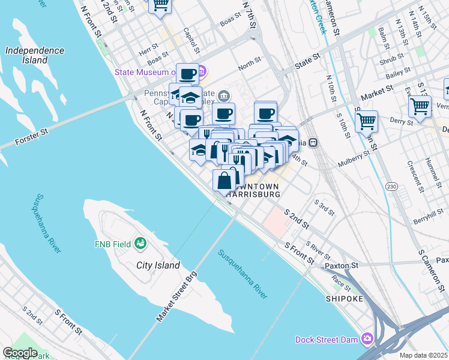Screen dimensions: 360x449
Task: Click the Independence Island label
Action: [x=35, y=55]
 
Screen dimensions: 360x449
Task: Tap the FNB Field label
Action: [x=112, y=244]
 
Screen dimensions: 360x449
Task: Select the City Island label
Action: [x=158, y=265]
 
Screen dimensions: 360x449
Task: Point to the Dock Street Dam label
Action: [x=327, y=340]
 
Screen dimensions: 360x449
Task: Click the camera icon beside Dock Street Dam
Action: [x=367, y=340]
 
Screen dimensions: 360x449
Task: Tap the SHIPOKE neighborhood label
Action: [x=345, y=298]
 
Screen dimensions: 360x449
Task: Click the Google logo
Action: [x=20, y=353]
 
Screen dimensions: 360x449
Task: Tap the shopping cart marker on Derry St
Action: [x=420, y=107]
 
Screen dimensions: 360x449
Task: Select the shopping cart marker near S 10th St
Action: [x=366, y=121]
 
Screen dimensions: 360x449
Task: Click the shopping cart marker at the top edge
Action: [x=160, y=5]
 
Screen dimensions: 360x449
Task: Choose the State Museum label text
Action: [x=145, y=73]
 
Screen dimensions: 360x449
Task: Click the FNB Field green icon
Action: [x=140, y=244]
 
